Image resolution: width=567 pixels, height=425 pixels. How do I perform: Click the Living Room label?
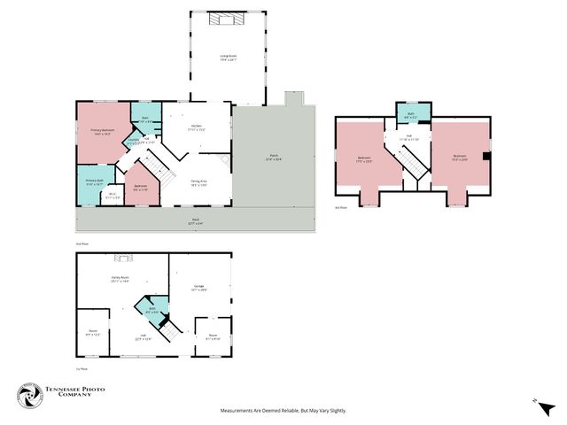[229, 59]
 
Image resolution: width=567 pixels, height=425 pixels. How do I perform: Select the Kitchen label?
[195, 127]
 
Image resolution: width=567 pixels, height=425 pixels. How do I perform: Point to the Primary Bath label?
[95, 182]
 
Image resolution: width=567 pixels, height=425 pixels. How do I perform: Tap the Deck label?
[195, 221]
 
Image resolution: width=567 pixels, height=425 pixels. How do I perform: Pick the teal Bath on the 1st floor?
[151, 310]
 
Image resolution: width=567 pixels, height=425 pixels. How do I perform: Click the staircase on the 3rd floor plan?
[408, 160]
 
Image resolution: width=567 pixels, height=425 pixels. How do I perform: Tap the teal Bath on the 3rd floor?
[411, 113]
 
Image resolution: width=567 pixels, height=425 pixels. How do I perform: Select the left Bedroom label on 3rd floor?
[363, 160]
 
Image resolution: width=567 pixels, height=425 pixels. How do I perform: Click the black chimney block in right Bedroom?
[485, 157]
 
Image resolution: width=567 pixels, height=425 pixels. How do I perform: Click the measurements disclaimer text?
[283, 411]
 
